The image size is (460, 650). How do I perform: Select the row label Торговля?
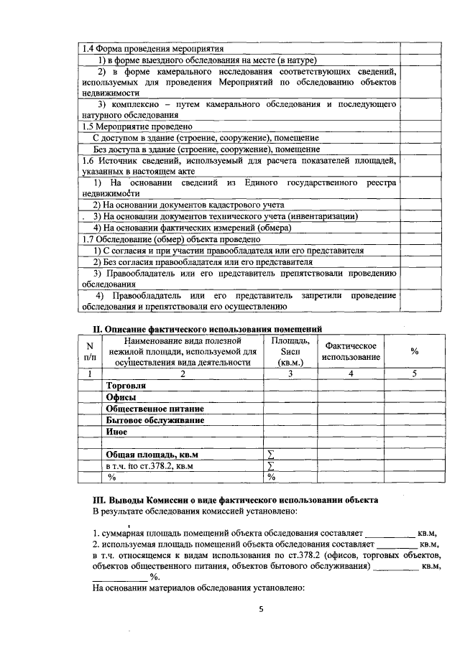(126, 386)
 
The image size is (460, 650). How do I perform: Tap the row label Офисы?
(121, 397)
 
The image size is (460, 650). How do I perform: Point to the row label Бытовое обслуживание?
(155, 419)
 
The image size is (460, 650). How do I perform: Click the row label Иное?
(116, 432)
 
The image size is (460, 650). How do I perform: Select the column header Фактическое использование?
(351, 351)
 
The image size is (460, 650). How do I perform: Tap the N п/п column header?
(89, 351)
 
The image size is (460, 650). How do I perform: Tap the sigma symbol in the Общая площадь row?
(271, 455)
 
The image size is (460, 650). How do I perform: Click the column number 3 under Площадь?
(290, 373)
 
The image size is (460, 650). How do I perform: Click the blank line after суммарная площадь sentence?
(391, 534)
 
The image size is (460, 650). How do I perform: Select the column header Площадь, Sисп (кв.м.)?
(290, 351)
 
